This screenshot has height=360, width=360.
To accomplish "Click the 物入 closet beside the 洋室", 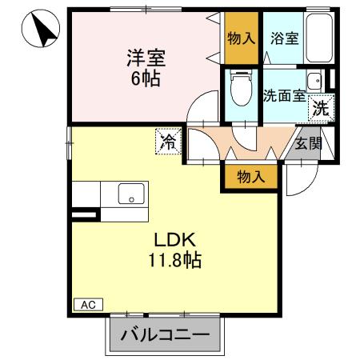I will click(242, 38).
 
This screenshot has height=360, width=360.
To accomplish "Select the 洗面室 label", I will click(284, 94).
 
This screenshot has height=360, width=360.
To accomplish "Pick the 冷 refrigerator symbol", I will click(168, 142).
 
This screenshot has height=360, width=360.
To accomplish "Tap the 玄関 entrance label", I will click(308, 145).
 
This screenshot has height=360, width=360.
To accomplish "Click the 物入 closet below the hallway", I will click(250, 175).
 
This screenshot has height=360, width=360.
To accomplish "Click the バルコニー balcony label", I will click(164, 335).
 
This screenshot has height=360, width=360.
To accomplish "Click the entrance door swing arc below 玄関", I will click(298, 181).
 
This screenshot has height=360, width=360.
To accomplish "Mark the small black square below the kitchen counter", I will click(81, 214).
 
